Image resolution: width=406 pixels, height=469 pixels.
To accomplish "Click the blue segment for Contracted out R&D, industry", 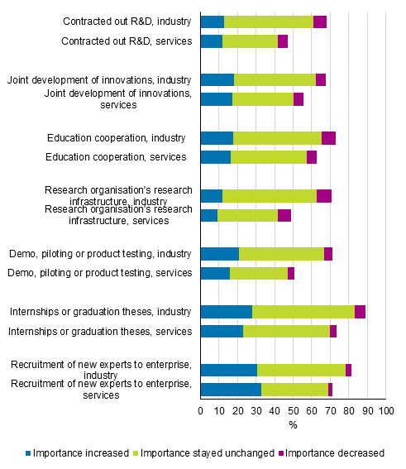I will pyautogui.click(x=213, y=22).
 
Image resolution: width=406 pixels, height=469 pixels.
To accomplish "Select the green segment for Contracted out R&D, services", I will pyautogui.click(x=250, y=41).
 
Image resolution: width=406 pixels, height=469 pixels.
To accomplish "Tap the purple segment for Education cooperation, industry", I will pyautogui.click(x=328, y=138).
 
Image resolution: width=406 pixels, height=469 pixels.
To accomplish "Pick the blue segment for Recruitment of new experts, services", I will pyautogui.click(x=231, y=390).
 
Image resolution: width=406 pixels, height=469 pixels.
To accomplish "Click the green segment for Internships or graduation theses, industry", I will pyautogui.click(x=303, y=312).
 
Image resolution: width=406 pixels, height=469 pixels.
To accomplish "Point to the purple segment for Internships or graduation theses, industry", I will pyautogui.click(x=360, y=312).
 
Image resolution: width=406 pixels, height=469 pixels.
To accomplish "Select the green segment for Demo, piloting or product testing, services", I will pyautogui.click(x=258, y=274).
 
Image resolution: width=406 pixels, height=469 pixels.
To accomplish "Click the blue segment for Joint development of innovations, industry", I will pyautogui.click(x=217, y=80).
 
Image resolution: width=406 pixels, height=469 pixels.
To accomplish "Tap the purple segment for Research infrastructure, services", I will pyautogui.click(x=284, y=216).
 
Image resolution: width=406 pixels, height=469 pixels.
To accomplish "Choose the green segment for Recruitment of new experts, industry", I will pyautogui.click(x=301, y=370).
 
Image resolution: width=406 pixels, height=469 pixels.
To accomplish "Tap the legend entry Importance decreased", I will pyautogui.click(x=334, y=452).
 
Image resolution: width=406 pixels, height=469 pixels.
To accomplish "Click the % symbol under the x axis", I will pyautogui.click(x=293, y=425).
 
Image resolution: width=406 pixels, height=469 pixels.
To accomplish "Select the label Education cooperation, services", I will pyautogui.click(x=116, y=157).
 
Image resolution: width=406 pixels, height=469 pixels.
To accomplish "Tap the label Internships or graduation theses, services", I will pyautogui.click(x=100, y=332).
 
